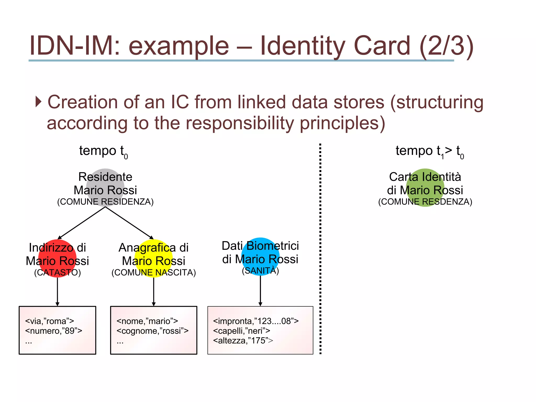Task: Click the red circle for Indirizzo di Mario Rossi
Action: [57, 258]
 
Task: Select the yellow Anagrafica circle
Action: [154, 258]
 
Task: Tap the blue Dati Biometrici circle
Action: [260, 256]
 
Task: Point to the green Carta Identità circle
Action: [425, 188]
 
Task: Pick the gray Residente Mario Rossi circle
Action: [105, 188]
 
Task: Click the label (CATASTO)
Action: [57, 272]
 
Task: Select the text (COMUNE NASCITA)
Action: [154, 272]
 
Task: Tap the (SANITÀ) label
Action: [260, 271]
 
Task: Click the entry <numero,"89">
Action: [54, 331]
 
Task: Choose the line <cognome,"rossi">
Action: [152, 331]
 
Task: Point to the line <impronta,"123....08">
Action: [256, 321]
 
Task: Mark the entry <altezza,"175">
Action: [243, 340]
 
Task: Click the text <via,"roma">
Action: [49, 321]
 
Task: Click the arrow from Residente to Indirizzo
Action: [81, 223]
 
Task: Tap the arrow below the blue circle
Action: [260, 291]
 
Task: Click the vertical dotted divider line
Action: [320, 249]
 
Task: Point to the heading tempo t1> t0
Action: [429, 151]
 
